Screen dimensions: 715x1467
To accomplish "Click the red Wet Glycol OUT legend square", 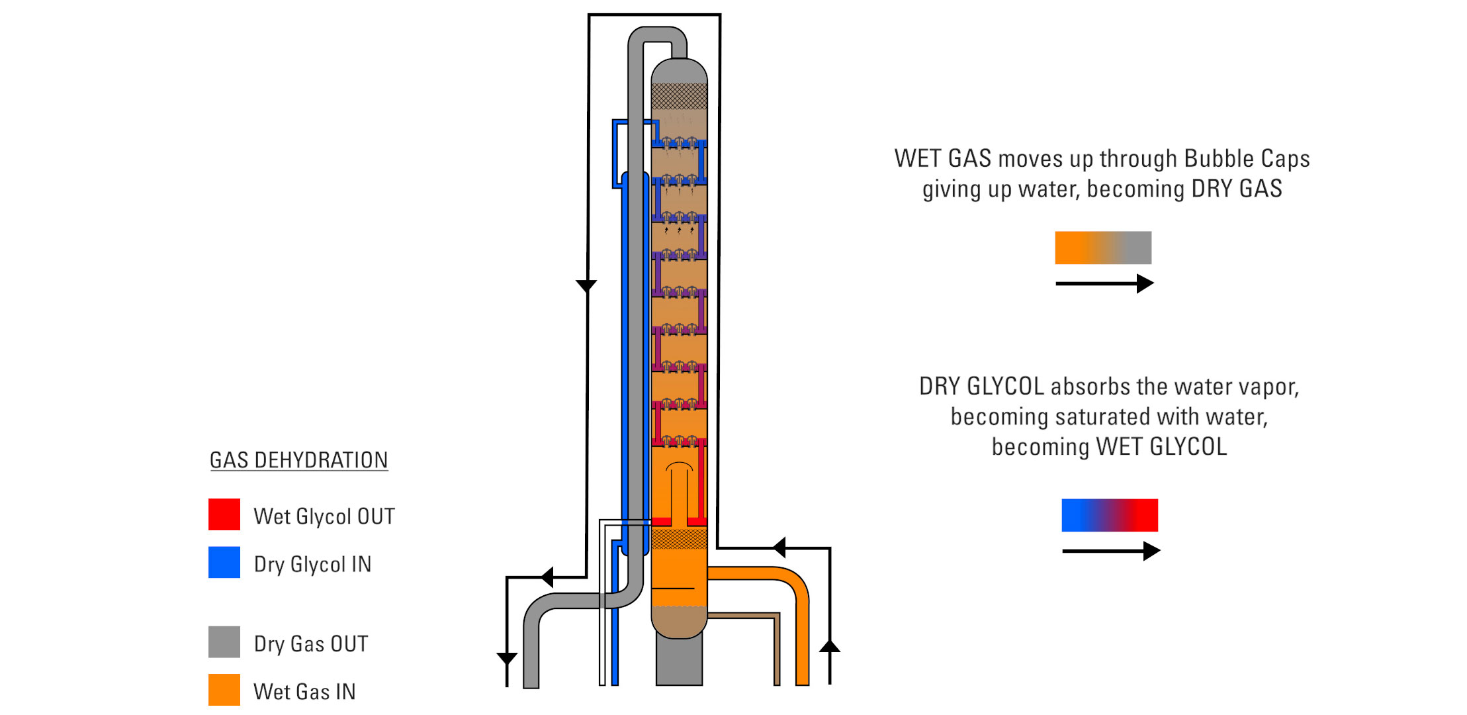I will (224, 514).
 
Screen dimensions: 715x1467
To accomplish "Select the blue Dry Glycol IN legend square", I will (224, 562).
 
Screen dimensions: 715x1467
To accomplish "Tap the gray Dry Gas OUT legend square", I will (224, 642).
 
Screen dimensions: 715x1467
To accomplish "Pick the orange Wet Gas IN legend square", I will (224, 689).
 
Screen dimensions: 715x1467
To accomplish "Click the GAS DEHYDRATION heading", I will (298, 460).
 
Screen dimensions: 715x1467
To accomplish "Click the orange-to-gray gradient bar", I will (1102, 248).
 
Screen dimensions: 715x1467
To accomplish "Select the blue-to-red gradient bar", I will (1110, 515).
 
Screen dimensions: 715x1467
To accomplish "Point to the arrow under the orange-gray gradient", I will (1104, 283).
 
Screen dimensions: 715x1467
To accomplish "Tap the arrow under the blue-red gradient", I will (1110, 551).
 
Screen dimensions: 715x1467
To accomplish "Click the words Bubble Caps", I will (1247, 159).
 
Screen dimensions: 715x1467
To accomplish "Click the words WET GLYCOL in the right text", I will (1161, 447).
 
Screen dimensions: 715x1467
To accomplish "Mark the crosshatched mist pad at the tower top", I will (679, 96).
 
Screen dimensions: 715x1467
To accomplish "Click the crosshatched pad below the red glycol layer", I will (679, 538).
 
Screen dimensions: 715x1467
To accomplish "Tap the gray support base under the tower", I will (679, 661).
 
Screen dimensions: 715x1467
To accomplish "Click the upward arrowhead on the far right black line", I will (830, 646).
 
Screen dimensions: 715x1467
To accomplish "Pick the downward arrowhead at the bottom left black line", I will (507, 659).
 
